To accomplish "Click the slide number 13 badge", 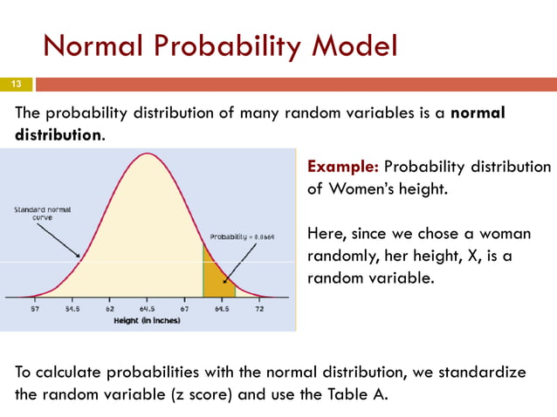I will click(x=16, y=85).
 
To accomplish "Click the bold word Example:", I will click(x=342, y=167).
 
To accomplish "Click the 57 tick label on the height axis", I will click(x=36, y=310).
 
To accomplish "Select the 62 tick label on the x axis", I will click(x=110, y=310).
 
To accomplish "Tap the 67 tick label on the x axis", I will click(x=184, y=310).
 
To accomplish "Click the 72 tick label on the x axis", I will click(x=259, y=310).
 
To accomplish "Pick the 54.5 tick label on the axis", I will click(x=72, y=310).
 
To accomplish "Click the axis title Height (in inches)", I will click(x=148, y=321).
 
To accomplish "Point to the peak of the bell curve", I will click(x=148, y=154).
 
